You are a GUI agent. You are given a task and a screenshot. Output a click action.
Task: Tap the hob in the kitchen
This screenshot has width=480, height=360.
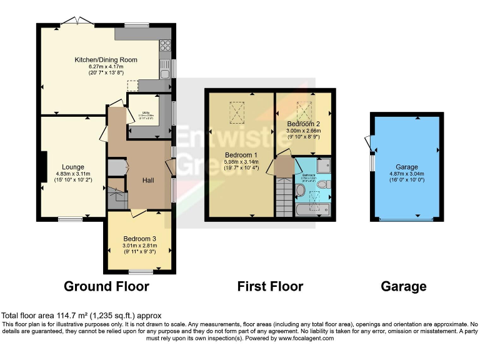point(166,45)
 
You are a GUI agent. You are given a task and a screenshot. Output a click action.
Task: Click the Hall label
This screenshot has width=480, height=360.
point(148,180)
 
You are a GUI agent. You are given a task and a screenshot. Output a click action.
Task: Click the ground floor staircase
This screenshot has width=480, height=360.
point(116,196)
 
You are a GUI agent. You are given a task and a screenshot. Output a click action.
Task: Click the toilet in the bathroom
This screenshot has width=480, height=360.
point(326,186)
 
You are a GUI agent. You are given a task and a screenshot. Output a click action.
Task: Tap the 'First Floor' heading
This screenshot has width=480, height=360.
point(270,287)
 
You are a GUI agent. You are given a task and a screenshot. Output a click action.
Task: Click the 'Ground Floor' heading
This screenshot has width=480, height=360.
point(106,287)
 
